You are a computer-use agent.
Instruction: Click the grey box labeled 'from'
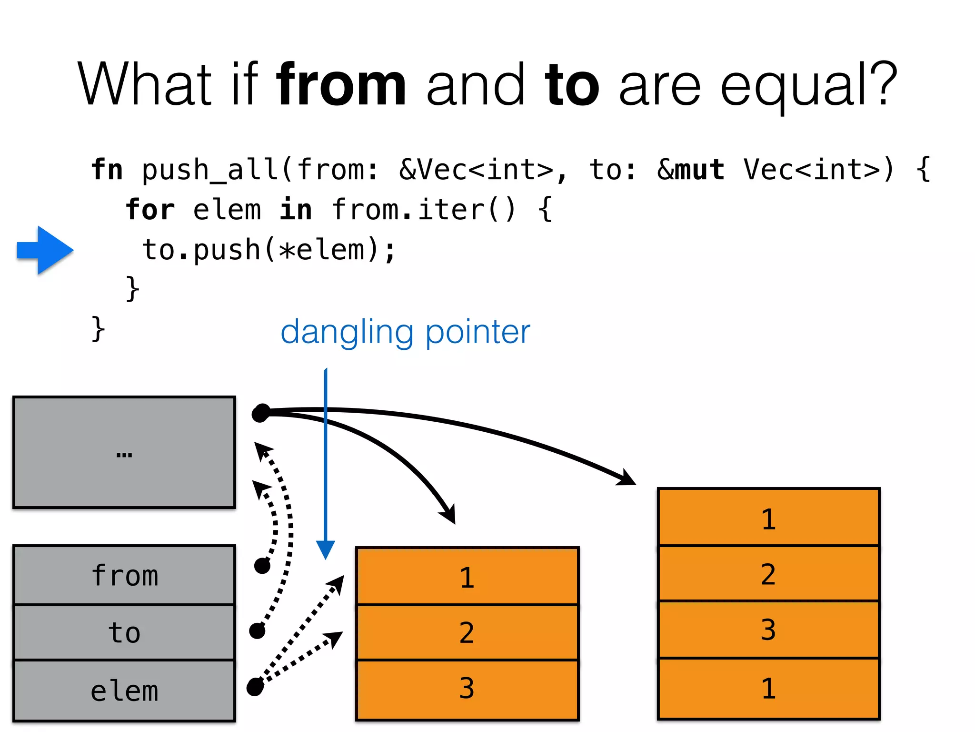tap(124, 575)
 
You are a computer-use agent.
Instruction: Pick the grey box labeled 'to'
tap(124, 632)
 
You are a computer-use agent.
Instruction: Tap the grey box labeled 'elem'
tap(124, 691)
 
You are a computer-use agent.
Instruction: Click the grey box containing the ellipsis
tap(124, 452)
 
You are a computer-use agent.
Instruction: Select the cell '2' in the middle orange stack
tap(467, 632)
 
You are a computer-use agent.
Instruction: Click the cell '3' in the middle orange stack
tap(467, 689)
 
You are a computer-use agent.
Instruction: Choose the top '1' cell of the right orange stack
tap(768, 518)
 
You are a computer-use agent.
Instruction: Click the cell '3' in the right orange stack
tap(768, 630)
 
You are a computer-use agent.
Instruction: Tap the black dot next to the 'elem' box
tap(255, 687)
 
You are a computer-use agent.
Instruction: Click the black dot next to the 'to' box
tap(257, 630)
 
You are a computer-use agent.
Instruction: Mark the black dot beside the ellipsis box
tap(261, 413)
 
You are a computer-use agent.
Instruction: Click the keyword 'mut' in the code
tap(700, 170)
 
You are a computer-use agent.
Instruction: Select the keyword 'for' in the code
tap(150, 210)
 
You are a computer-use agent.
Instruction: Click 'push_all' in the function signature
tap(210, 170)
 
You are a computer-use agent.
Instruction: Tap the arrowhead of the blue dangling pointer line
tap(326, 549)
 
